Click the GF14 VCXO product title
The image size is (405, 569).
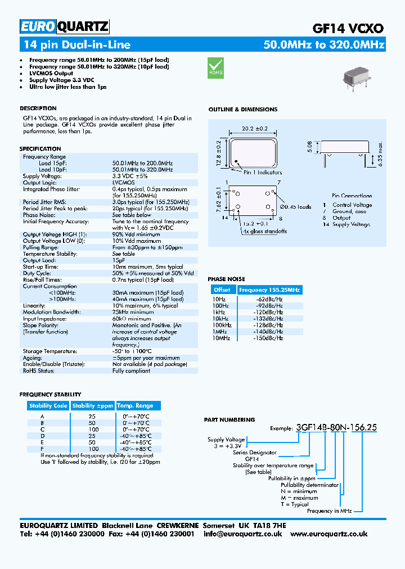tap(348, 29)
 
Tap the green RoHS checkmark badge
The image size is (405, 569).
tap(216, 67)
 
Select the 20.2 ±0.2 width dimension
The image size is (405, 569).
tap(255, 128)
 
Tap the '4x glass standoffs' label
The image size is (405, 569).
tap(265, 231)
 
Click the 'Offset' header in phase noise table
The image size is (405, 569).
tap(222, 290)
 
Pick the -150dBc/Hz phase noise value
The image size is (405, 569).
tap(269, 338)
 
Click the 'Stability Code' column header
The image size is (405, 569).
tap(48, 405)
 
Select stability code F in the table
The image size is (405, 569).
tap(42, 449)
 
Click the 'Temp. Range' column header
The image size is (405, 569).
tap(135, 405)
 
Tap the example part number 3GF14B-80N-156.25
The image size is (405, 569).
tap(336, 427)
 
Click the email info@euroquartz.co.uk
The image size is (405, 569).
tap(242, 534)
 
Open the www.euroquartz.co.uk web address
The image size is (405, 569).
tap(329, 534)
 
